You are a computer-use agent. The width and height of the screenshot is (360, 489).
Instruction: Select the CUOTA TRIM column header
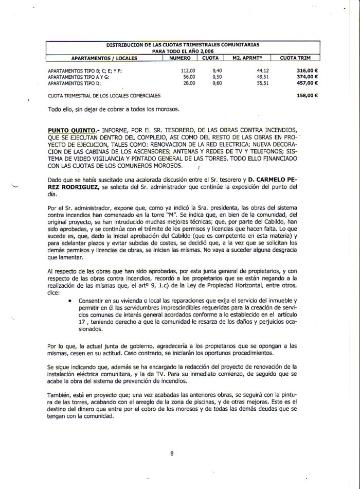[x=295, y=58]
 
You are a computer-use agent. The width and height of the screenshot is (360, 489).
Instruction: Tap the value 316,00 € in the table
[x=308, y=71]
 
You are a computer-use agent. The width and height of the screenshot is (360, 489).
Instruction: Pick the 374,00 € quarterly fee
[x=308, y=77]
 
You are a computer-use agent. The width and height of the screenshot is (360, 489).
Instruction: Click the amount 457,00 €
[x=308, y=83]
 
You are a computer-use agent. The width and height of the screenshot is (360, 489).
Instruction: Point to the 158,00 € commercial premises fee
[x=308, y=96]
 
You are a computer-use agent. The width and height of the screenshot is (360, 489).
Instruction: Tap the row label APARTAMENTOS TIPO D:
[x=77, y=83]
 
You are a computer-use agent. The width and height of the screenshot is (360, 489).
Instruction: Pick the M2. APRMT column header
[x=248, y=58]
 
